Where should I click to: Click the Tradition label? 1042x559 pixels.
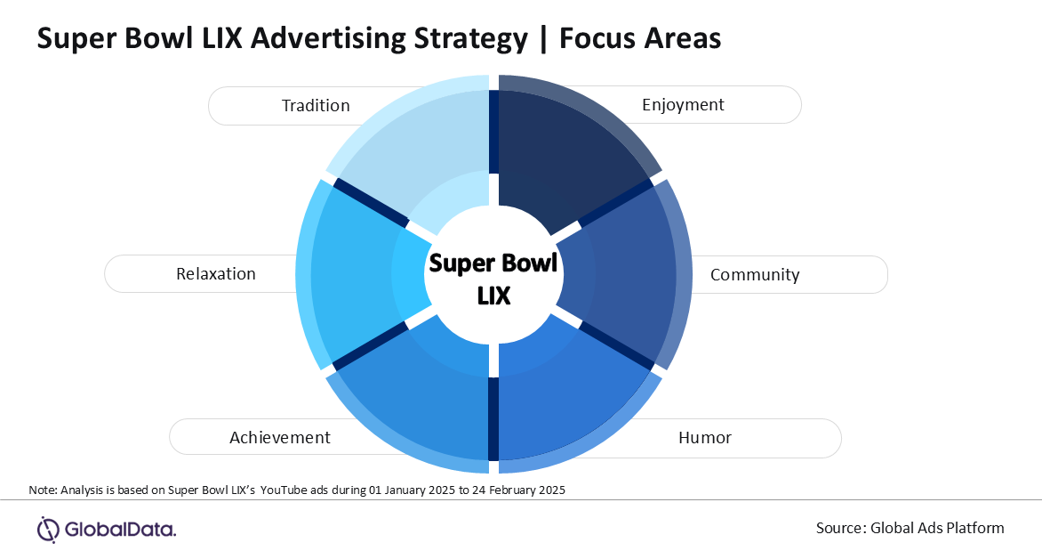click(x=316, y=105)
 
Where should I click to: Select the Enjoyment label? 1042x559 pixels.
click(x=683, y=105)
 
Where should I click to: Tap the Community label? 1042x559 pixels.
click(x=754, y=274)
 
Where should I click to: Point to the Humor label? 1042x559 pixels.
click(x=704, y=437)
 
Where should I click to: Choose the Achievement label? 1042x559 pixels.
click(x=280, y=437)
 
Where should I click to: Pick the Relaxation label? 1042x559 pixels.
click(x=215, y=273)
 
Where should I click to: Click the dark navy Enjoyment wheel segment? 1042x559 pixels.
click(x=572, y=153)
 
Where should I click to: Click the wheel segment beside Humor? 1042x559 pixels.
click(x=572, y=396)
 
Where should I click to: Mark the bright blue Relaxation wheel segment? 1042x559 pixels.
click(x=362, y=274)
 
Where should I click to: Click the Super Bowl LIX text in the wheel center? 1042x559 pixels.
click(x=493, y=279)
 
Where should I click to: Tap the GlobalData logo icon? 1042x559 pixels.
click(x=48, y=530)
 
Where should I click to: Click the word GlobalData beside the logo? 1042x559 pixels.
click(x=120, y=530)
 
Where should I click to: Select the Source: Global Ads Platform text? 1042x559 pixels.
click(x=910, y=528)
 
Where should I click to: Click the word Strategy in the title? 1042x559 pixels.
click(x=470, y=38)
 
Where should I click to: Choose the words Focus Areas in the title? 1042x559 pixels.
click(x=640, y=38)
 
